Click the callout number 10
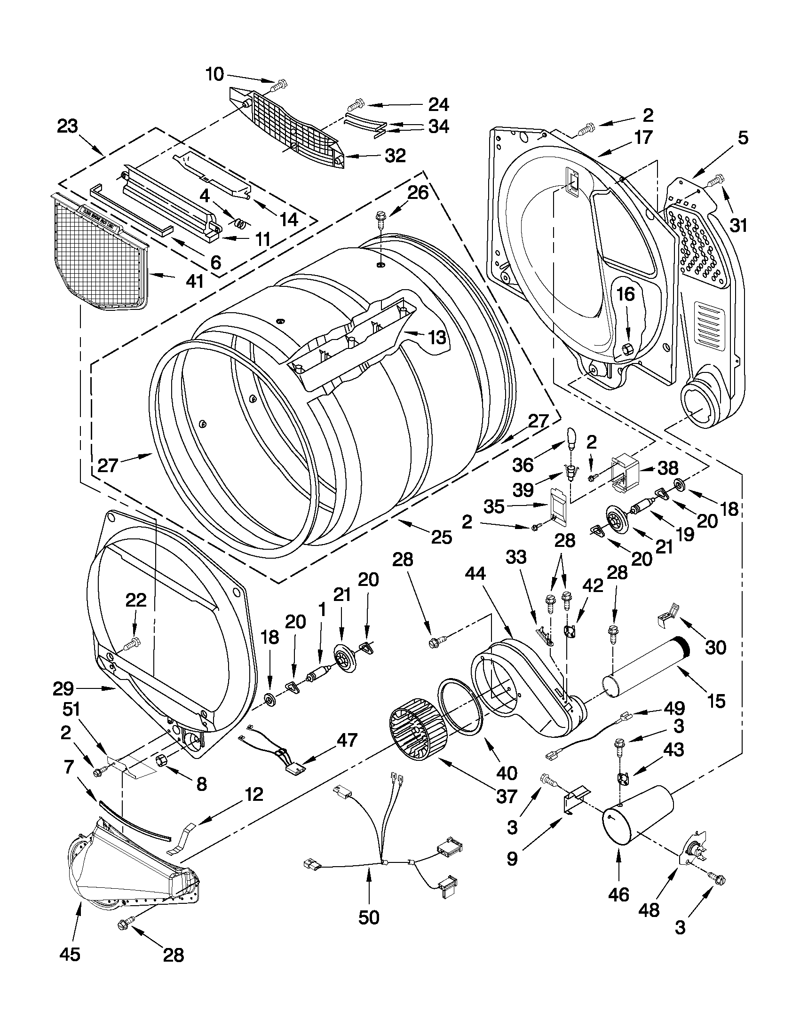click(214, 74)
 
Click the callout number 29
click(63, 688)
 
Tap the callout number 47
click(347, 740)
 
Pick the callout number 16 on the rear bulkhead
click(625, 294)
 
